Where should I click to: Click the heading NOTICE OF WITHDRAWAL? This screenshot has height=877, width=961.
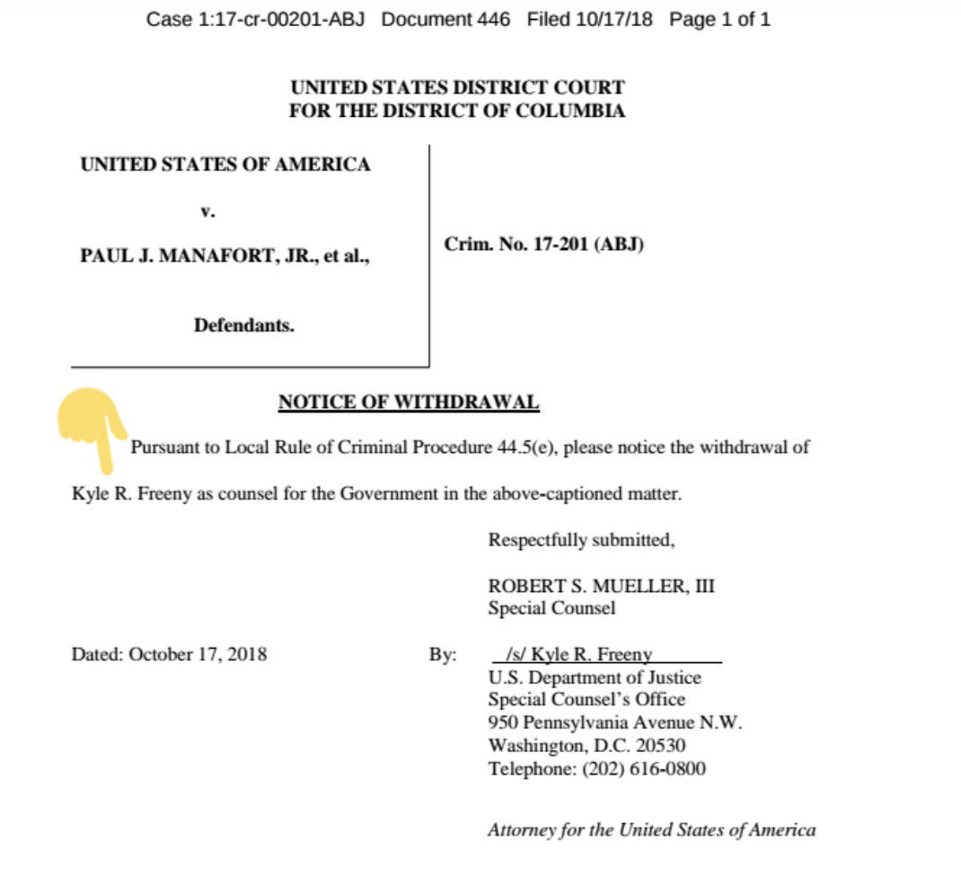click(409, 403)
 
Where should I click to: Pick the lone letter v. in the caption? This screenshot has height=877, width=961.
click(207, 213)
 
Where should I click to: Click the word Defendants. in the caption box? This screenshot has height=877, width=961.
click(243, 325)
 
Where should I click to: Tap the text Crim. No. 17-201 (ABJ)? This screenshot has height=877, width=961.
click(543, 244)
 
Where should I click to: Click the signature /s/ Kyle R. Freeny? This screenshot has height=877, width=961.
click(579, 654)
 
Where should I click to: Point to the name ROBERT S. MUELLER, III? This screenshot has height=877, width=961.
click(601, 586)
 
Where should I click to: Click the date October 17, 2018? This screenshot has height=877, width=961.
click(198, 654)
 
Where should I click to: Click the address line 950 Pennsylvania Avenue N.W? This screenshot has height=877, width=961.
click(615, 722)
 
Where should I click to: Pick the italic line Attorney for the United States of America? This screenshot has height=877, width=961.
click(651, 830)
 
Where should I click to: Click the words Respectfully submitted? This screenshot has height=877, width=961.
click(581, 540)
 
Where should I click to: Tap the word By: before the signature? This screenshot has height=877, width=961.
click(443, 654)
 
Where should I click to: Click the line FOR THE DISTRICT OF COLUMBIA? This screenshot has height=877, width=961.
click(456, 111)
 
